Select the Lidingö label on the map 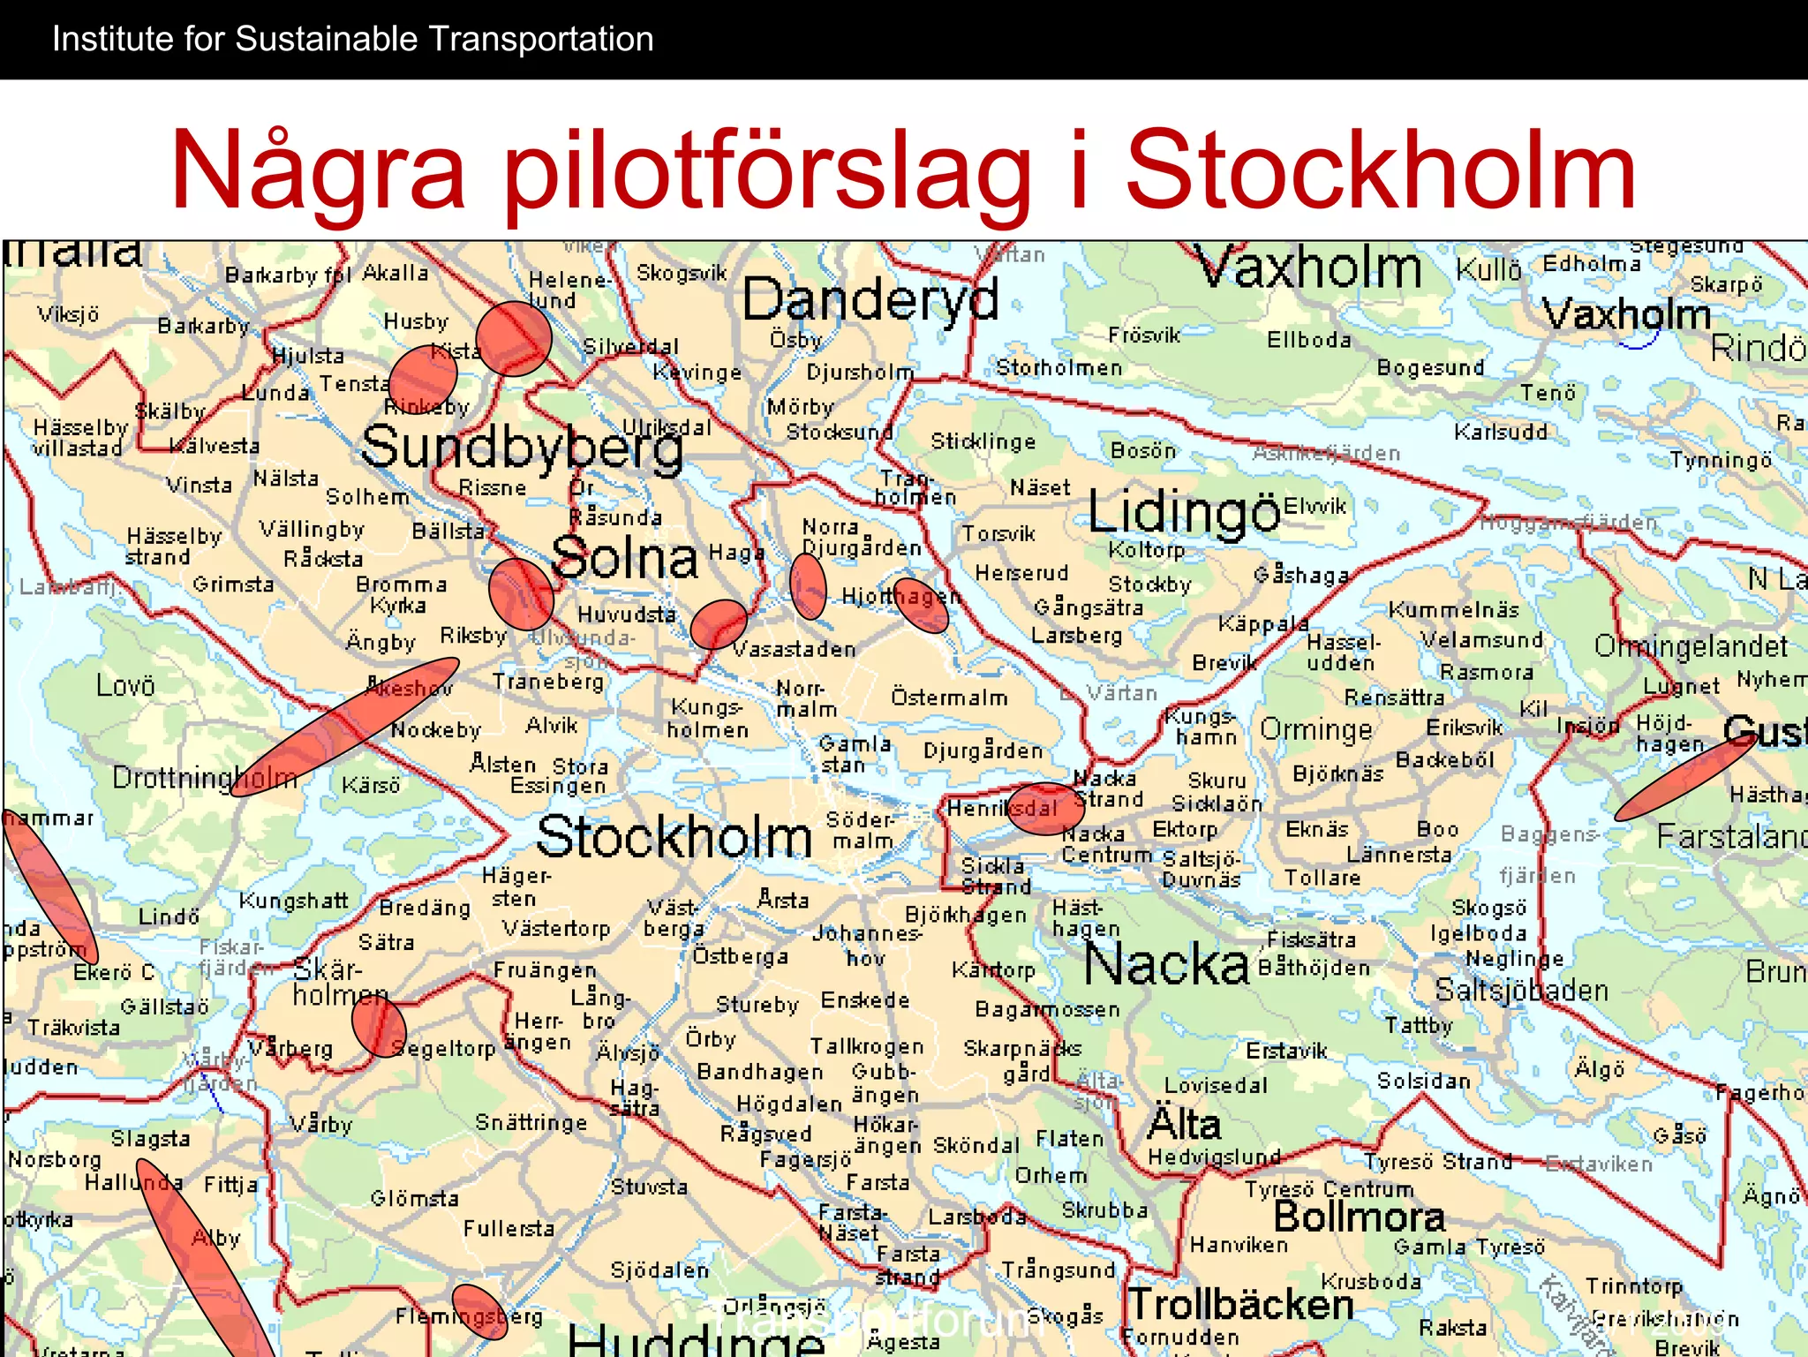1183,512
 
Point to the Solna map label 624,559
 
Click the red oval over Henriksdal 1045,809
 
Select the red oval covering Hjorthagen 921,606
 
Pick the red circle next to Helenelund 514,338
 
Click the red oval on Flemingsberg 479,1312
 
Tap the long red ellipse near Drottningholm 344,727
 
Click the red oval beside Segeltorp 379,1028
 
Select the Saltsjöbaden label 1521,991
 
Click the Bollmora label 1359,1218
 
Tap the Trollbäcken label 1240,1304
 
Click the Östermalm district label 949,697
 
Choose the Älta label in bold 1183,1125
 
